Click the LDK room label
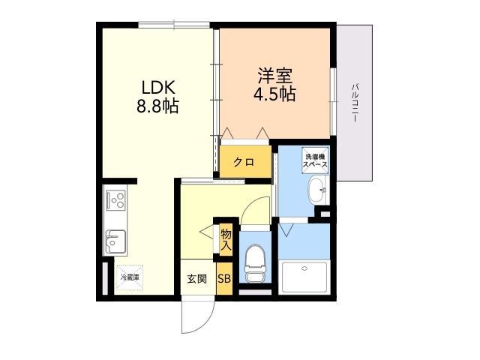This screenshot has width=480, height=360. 158,87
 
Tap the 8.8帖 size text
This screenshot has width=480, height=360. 157,106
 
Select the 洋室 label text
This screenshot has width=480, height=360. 275,76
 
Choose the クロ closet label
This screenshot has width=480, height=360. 244,162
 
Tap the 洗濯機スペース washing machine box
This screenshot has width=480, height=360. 315,160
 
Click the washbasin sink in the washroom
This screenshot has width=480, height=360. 318,190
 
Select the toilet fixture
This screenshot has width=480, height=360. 255,262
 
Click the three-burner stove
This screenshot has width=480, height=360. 115,200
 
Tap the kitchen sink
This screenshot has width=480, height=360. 115,241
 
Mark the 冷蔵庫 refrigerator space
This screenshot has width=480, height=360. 130,277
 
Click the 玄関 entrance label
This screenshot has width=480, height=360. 196,279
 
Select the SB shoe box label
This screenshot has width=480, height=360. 224,279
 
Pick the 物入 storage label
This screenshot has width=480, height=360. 226,240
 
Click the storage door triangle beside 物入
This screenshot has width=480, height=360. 207,232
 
